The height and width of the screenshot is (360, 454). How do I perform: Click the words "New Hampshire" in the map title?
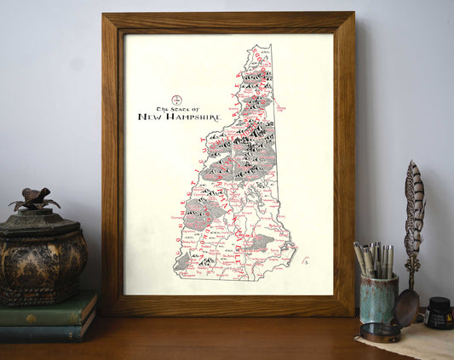(x=179, y=117)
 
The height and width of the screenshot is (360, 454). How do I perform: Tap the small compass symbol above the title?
(x=177, y=100)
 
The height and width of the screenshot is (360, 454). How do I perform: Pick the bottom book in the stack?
(x=47, y=329)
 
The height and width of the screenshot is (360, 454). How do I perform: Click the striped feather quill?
(x=414, y=213)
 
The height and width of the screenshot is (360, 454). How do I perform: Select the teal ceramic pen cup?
(x=378, y=299)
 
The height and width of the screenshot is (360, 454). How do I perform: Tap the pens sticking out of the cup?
(x=375, y=259)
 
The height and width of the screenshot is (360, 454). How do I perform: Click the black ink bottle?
(x=440, y=313)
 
